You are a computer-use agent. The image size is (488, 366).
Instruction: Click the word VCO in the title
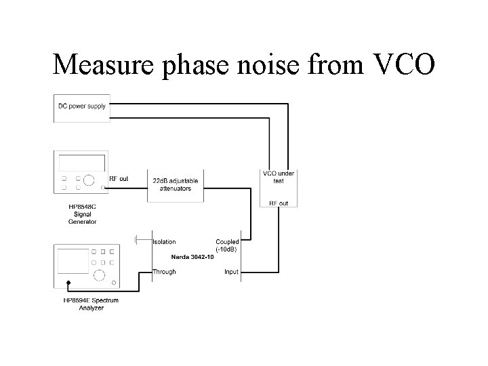(x=404, y=64)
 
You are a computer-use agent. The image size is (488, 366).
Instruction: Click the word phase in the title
(x=195, y=65)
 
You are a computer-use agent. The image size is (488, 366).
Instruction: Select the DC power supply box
(x=82, y=108)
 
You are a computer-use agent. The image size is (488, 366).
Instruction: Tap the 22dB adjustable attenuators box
(x=176, y=186)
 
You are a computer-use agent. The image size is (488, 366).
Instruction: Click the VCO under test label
(x=279, y=177)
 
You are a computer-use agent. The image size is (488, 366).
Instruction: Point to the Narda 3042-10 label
(x=192, y=257)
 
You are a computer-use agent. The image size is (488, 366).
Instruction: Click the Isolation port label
(x=164, y=242)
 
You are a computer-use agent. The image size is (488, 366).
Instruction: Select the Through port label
(x=164, y=272)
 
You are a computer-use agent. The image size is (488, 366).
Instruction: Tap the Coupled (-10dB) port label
(x=227, y=245)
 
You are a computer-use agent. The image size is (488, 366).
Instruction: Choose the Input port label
(x=232, y=272)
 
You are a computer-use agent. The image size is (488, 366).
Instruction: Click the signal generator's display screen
(x=82, y=163)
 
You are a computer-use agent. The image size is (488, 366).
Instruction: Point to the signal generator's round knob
(x=89, y=180)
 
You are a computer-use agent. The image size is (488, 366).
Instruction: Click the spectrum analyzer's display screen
(x=73, y=261)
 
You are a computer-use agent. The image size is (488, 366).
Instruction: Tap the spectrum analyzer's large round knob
(x=99, y=275)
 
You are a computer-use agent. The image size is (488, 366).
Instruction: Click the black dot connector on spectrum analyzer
(x=68, y=283)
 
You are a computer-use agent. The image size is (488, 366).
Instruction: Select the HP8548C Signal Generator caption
(x=83, y=214)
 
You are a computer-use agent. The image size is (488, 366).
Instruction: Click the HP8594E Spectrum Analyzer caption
(x=91, y=304)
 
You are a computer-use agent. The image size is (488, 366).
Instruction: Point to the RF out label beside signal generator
(x=119, y=179)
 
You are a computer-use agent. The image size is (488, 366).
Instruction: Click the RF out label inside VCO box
(x=279, y=203)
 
